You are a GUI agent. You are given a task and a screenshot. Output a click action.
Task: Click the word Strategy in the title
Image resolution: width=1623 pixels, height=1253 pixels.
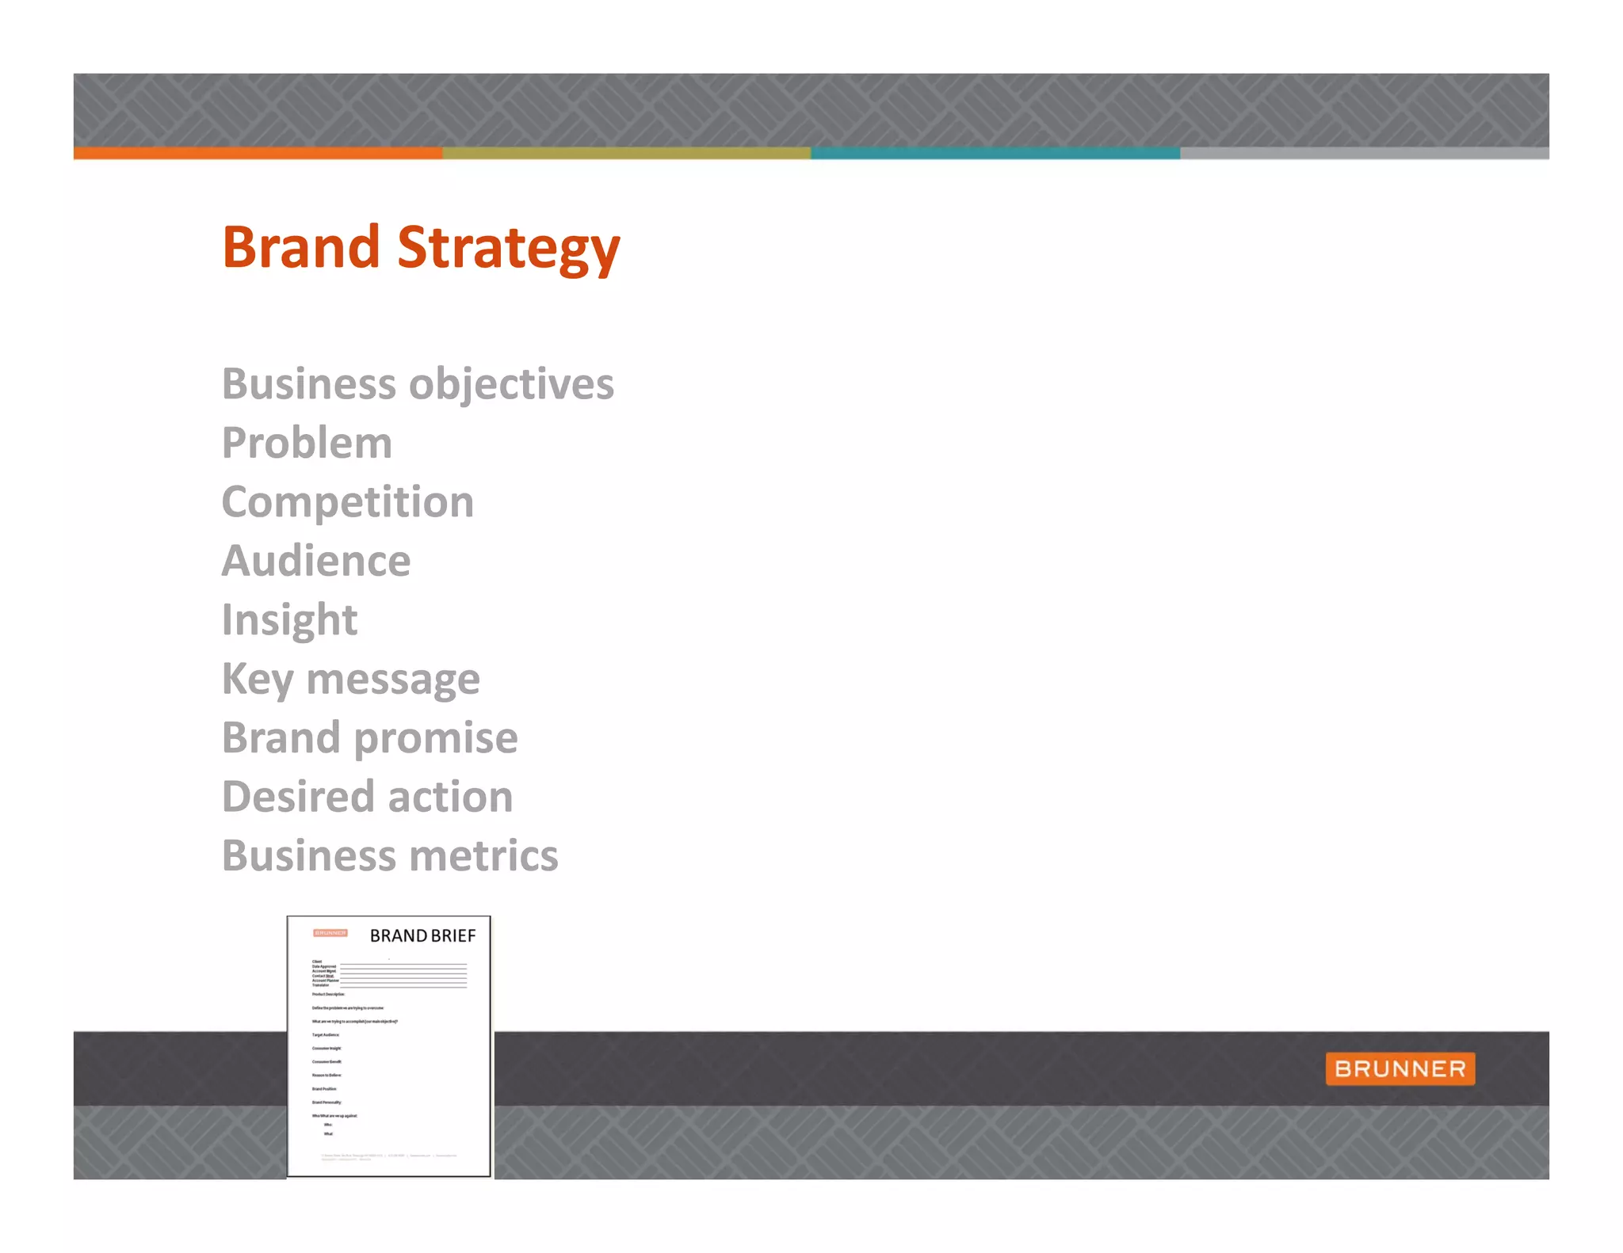coord(508,248)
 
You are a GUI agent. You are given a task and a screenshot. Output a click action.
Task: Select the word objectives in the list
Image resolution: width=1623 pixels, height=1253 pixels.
coord(511,385)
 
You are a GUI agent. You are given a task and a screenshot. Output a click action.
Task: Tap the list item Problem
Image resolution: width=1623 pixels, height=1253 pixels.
coord(307,443)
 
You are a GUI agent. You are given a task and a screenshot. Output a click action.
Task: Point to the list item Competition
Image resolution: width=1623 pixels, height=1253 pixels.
coord(347,502)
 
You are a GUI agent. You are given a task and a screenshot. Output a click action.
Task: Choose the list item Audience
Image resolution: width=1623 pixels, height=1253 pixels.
coord(315,561)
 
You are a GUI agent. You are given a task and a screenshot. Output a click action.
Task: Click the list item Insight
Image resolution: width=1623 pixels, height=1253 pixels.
coord(289,619)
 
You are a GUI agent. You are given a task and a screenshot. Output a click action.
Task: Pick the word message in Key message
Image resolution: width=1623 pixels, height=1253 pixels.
coord(393,680)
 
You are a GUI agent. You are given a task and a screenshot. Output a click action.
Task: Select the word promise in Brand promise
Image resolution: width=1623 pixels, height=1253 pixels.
coord(436,738)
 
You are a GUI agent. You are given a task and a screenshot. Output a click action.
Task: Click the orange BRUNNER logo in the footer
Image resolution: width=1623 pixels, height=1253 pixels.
coord(1400,1068)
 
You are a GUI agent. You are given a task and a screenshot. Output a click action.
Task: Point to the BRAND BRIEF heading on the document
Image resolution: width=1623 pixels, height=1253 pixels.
coord(422,936)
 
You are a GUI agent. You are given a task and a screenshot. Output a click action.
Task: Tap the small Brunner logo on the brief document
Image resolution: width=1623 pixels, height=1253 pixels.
coord(330,933)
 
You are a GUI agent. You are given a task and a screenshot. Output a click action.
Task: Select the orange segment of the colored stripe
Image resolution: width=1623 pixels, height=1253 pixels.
coord(258,153)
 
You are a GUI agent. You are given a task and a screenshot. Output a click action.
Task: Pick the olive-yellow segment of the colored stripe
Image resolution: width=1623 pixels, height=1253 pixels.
coord(626,153)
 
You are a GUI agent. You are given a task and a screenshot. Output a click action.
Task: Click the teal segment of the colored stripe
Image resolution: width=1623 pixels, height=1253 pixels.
coord(995,153)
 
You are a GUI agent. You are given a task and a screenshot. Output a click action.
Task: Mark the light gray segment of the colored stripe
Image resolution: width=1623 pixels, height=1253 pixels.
coord(1363,153)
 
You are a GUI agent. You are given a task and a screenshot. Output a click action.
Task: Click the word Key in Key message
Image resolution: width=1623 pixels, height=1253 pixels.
coord(258,680)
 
